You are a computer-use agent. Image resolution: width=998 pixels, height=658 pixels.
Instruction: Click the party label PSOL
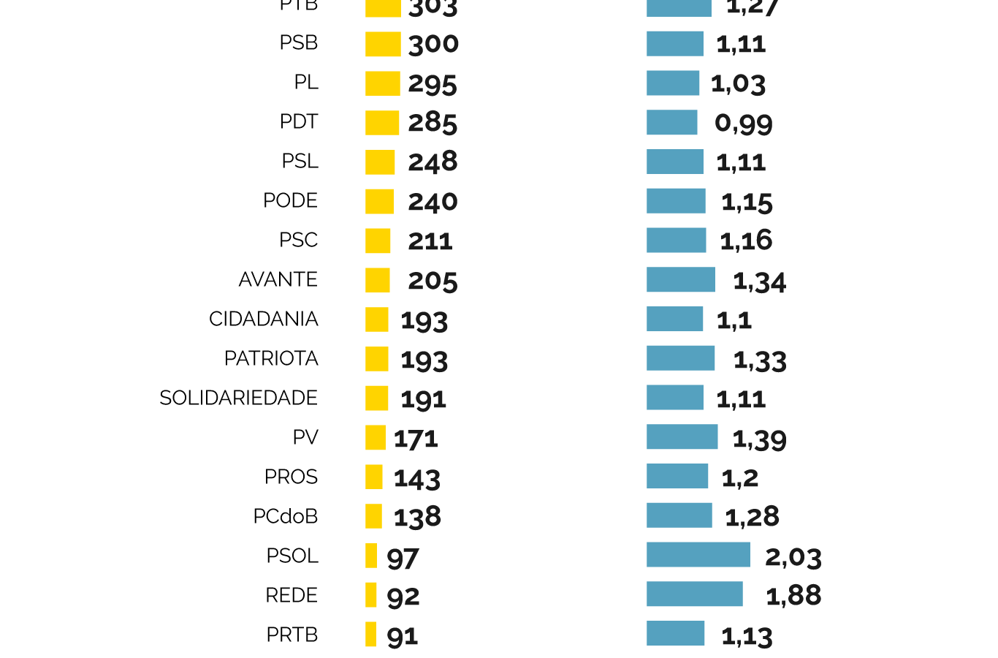tap(292, 556)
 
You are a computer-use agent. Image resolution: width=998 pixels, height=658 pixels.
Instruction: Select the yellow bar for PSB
tap(383, 44)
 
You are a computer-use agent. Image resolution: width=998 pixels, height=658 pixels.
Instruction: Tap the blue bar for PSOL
tap(698, 555)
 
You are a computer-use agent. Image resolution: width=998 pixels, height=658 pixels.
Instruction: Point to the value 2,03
tap(793, 557)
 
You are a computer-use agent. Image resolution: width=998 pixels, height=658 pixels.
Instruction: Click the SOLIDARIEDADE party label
tap(239, 398)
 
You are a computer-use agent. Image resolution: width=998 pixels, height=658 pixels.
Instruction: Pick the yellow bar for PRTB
tap(371, 634)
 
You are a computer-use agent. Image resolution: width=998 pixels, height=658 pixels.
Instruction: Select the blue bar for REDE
tap(694, 594)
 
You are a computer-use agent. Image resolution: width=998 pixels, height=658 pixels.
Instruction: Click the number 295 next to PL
tap(433, 83)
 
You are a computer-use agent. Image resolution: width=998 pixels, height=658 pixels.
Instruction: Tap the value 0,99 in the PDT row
tap(743, 123)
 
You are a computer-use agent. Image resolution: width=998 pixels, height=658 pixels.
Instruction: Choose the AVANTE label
tap(278, 279)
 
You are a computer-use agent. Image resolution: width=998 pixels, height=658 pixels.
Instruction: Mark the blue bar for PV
tap(682, 437)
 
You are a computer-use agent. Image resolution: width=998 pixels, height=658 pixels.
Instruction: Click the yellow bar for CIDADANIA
tap(377, 319)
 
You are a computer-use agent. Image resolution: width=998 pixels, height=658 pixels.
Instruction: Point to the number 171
tap(416, 439)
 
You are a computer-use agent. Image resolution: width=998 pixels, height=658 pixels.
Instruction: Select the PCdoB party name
tap(286, 516)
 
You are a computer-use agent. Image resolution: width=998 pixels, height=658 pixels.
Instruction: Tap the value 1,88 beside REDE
tap(793, 595)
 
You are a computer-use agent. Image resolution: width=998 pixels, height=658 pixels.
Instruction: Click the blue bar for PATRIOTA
tap(680, 358)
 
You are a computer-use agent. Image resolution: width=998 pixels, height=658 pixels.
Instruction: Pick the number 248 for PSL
tap(433, 162)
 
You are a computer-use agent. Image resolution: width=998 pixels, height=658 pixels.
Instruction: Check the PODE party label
tap(291, 200)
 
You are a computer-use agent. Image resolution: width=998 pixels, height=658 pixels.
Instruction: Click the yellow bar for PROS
tap(374, 477)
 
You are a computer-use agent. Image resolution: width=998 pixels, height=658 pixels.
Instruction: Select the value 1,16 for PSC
tap(746, 241)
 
